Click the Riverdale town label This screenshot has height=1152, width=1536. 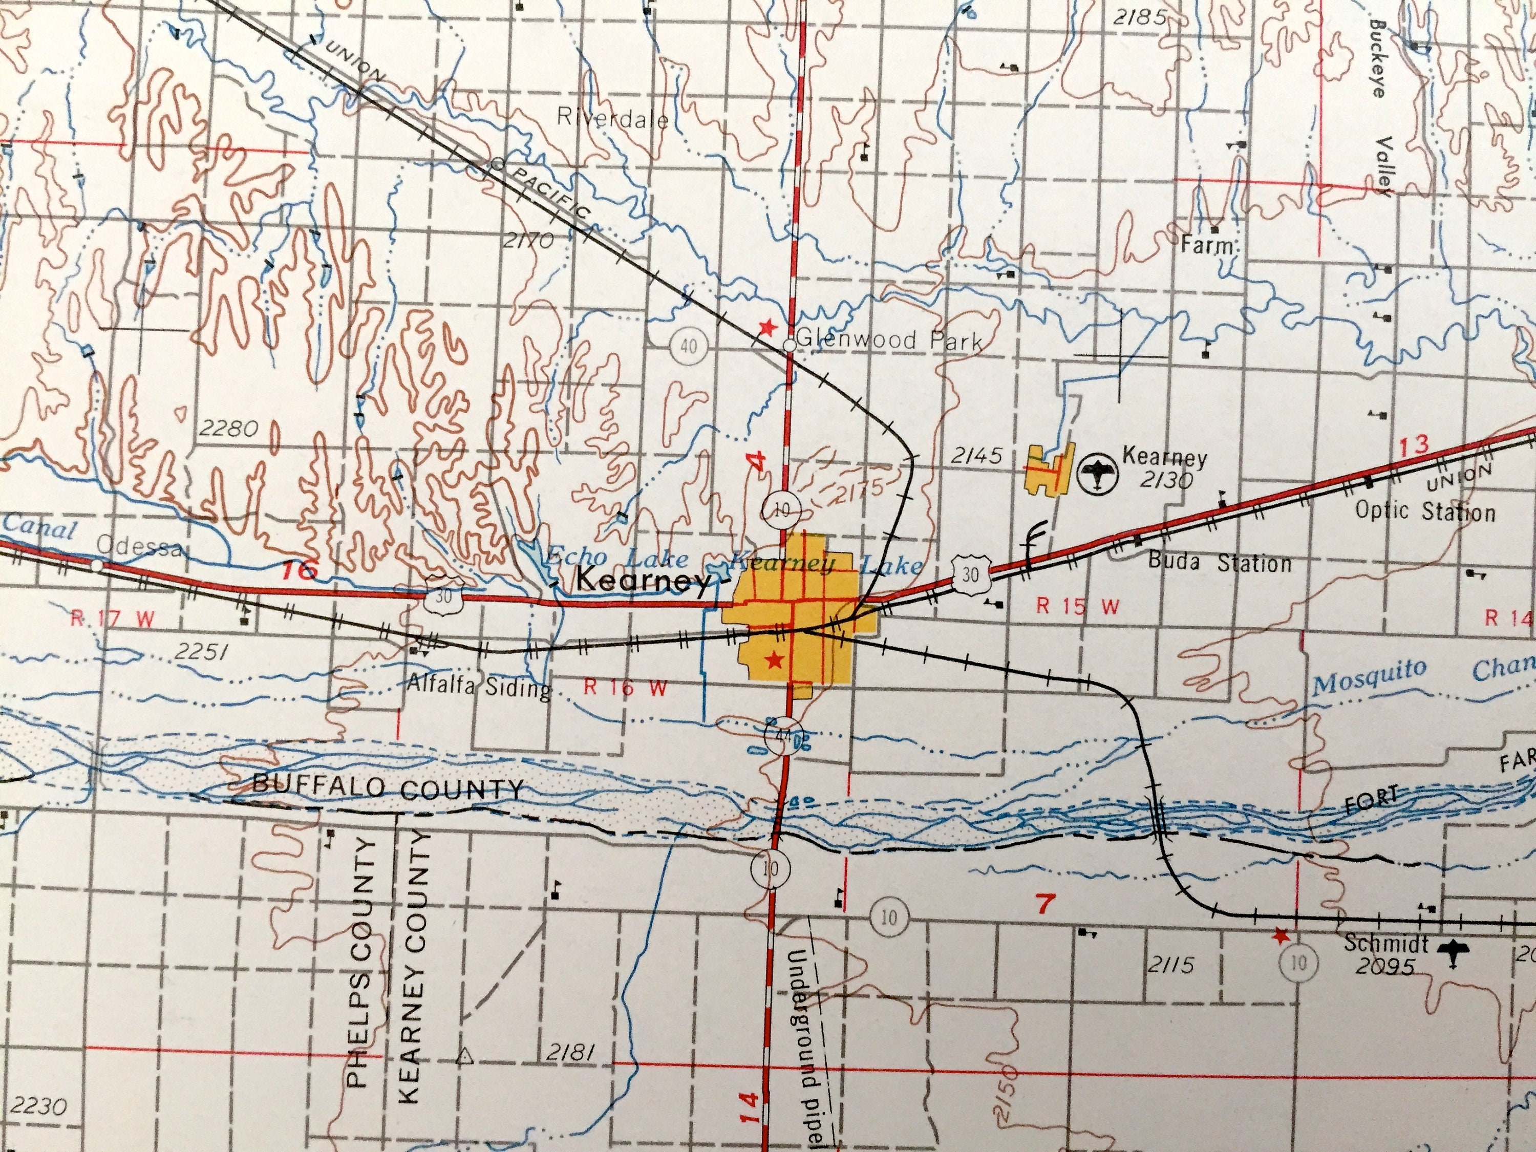(612, 119)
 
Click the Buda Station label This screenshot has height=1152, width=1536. (1220, 563)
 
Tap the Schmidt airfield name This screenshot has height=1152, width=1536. (1386, 944)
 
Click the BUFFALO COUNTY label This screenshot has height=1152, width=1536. (388, 787)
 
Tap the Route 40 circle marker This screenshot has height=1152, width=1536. (688, 345)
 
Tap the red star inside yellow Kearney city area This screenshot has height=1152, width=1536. (774, 659)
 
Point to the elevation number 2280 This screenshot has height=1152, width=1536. (228, 429)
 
